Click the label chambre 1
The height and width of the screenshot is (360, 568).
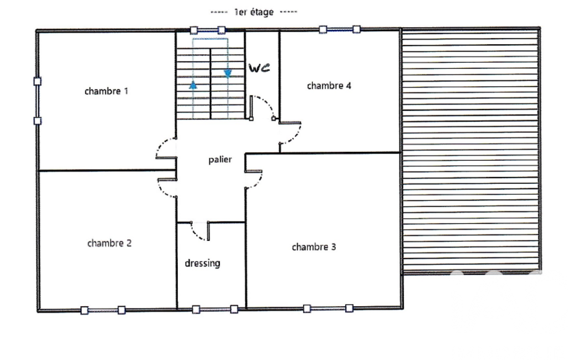[106, 91]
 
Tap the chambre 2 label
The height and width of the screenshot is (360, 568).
[109, 243]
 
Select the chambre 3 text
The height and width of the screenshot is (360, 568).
[314, 247]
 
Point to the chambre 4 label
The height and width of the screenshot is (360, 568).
[329, 86]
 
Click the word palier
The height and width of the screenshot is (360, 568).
[220, 160]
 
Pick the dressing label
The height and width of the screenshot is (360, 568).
[202, 263]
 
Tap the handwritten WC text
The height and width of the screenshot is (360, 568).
[259, 68]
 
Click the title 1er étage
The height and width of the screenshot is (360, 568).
[254, 12]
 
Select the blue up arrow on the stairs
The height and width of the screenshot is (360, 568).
[193, 85]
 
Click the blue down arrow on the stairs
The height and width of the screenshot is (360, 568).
[228, 74]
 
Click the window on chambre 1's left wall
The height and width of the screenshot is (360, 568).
[37, 101]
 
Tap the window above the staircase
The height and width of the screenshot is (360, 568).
[208, 30]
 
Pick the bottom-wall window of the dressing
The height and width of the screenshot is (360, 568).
[215, 309]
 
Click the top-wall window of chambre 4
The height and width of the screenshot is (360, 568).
[340, 29]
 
